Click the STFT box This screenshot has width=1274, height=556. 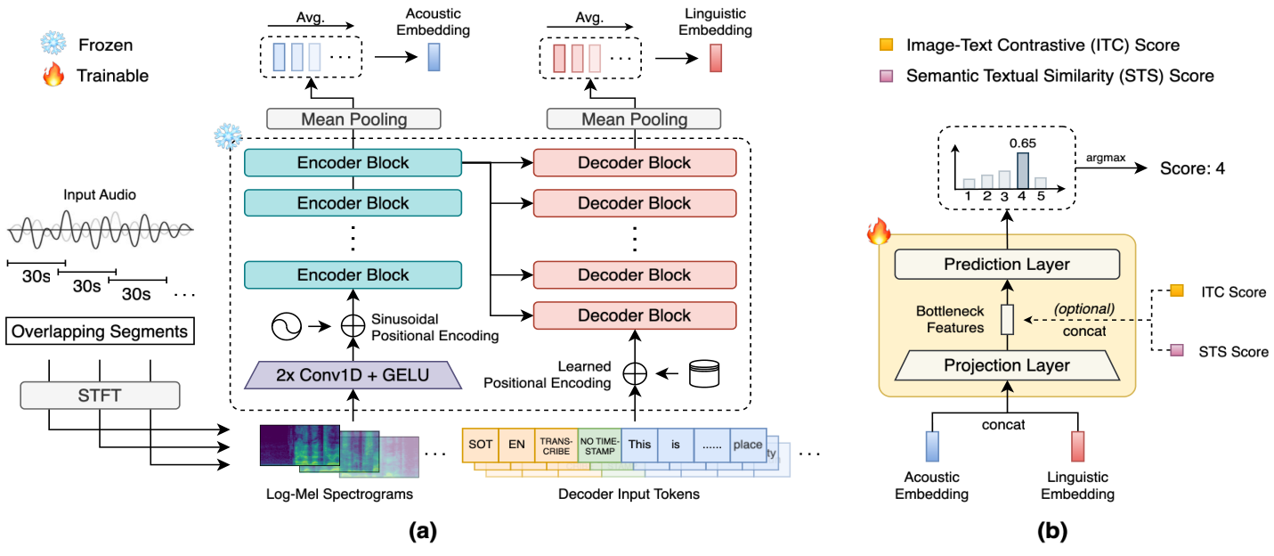[100, 395]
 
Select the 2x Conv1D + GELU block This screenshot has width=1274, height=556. [354, 374]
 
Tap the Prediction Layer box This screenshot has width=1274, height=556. [1008, 264]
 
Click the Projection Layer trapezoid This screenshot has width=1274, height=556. [1008, 365]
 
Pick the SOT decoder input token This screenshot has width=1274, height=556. [480, 444]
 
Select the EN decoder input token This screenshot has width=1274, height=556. [516, 444]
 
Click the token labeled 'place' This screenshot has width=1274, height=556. [748, 444]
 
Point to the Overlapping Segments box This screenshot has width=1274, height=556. [100, 332]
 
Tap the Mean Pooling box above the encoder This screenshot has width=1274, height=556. [353, 119]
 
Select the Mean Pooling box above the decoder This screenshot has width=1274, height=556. [635, 119]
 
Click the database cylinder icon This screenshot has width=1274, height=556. [702, 372]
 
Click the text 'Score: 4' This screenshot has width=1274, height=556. [1191, 167]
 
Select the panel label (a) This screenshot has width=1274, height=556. [421, 533]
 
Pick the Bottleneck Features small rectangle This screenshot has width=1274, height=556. [1008, 319]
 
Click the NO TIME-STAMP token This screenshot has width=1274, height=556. [599, 444]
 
